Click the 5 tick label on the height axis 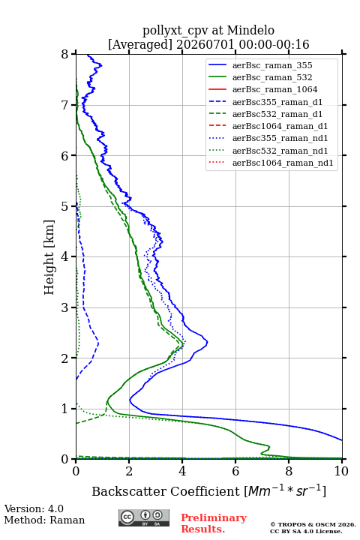click(x=65, y=206)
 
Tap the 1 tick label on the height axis click(x=65, y=409)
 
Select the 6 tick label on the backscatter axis click(x=235, y=471)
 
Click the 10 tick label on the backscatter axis click(x=341, y=471)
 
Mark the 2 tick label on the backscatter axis click(x=129, y=471)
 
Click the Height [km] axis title click(x=49, y=257)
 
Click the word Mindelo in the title click(x=250, y=30)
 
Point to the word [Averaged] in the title click(x=140, y=44)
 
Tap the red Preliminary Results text click(x=214, y=523)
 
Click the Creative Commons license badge click(x=144, y=518)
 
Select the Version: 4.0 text click(x=34, y=508)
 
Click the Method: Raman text click(x=44, y=520)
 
